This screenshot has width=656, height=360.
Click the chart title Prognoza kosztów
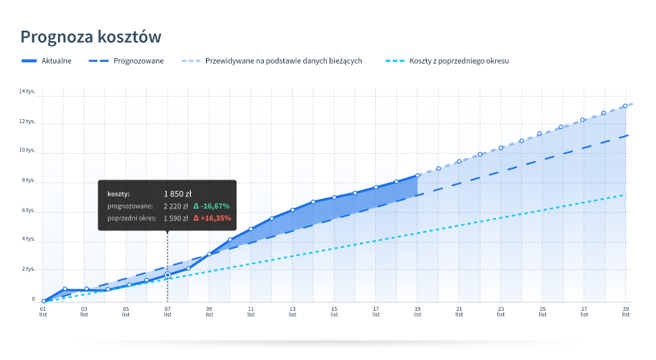(91, 36)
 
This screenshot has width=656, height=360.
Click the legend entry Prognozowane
(139, 61)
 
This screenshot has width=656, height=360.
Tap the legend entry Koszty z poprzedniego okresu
(459, 61)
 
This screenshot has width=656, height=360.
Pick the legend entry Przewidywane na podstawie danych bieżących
(284, 61)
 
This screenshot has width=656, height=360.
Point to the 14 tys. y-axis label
(27, 91)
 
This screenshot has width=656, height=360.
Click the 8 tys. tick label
(29, 180)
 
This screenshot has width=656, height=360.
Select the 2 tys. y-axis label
(29, 269)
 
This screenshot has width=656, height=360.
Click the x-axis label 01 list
(43, 311)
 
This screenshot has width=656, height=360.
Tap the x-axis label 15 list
(334, 311)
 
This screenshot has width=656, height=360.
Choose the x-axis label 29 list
(625, 311)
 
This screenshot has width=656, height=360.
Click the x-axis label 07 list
(167, 311)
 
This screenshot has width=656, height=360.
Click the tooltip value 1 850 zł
(177, 193)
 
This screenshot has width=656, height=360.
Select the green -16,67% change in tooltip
(212, 206)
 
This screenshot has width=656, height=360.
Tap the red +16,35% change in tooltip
(212, 217)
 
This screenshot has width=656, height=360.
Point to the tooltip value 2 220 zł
(175, 206)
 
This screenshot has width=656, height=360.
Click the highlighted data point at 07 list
(167, 275)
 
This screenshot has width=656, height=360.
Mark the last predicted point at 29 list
(625, 106)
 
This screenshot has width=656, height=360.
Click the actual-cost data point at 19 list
(418, 175)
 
